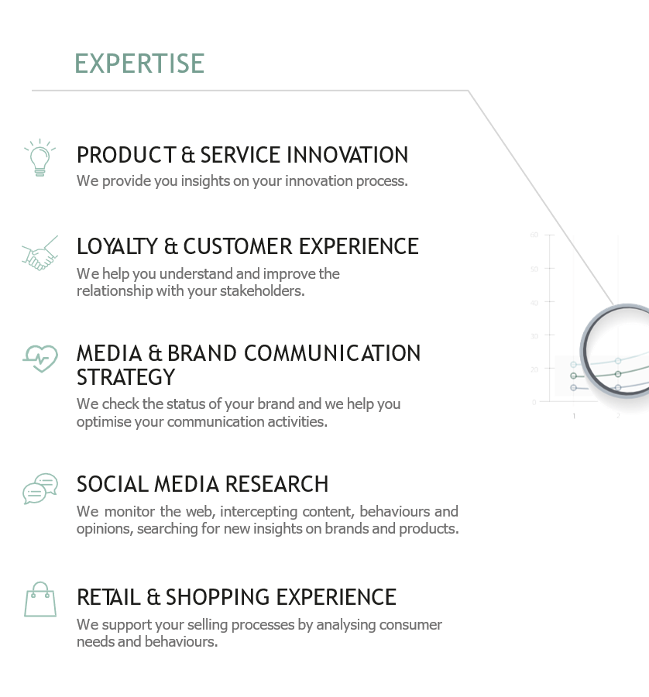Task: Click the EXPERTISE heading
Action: (139, 64)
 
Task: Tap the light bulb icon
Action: (40, 157)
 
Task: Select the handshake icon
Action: (40, 253)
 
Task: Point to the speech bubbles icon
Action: (40, 489)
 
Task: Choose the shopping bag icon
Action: (40, 599)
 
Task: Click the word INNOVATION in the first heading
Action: (347, 155)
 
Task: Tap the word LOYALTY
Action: (118, 247)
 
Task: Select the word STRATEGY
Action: (125, 377)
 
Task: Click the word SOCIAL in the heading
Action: (112, 484)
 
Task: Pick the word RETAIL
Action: (108, 597)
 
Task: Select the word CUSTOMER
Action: (238, 247)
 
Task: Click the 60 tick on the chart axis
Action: (534, 235)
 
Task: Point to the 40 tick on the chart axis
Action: (534, 303)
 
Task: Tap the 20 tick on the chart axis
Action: (534, 369)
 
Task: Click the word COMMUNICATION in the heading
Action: (332, 353)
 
